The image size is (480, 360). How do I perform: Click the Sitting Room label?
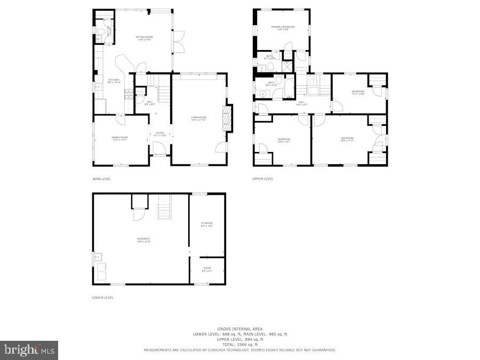tap(145, 38)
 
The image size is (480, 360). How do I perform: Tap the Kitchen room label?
tap(115, 81)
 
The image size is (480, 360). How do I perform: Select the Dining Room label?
tap(119, 139)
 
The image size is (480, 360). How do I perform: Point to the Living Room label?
tap(198, 118)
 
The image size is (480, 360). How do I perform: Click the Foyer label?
tap(160, 134)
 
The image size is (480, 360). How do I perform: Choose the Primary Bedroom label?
tap(282, 28)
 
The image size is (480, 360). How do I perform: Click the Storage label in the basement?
tap(207, 224)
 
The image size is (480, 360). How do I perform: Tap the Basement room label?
tap(143, 240)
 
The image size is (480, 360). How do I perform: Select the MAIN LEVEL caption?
tap(102, 179)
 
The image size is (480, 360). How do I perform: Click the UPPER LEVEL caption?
tap(262, 179)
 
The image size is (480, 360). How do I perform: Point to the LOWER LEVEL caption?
tap(102, 298)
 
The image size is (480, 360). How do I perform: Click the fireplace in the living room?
tap(228, 118)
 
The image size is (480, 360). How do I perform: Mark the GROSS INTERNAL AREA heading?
tap(239, 329)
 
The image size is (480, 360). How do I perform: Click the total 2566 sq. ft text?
tap(239, 344)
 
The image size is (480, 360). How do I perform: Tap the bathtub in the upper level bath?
tap(288, 87)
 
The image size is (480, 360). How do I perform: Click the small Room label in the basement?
tap(207, 269)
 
